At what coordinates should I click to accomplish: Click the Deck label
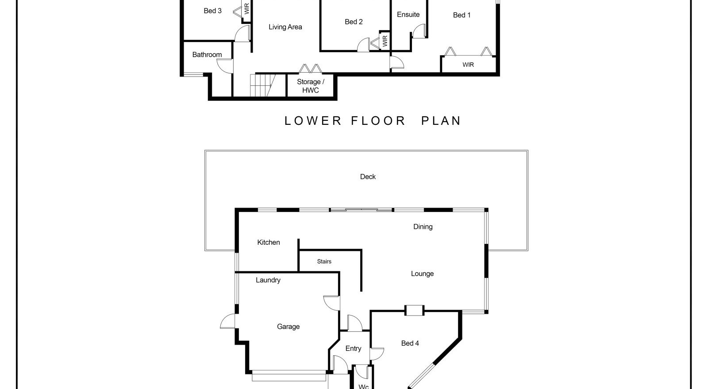pyautogui.click(x=368, y=177)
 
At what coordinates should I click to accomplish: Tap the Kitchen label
pyautogui.click(x=268, y=243)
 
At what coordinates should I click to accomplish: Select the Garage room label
pyautogui.click(x=288, y=327)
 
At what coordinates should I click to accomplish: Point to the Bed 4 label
pyautogui.click(x=410, y=343)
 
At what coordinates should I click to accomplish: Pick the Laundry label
pyautogui.click(x=268, y=280)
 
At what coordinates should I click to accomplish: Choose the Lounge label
pyautogui.click(x=422, y=273)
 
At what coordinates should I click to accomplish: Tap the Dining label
pyautogui.click(x=423, y=227)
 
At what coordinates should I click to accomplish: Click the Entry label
pyautogui.click(x=353, y=349)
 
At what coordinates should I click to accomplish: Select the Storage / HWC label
pyautogui.click(x=310, y=86)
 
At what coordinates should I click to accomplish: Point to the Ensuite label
pyautogui.click(x=408, y=15)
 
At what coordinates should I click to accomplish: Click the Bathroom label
pyautogui.click(x=207, y=55)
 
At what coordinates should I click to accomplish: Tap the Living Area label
pyautogui.click(x=285, y=27)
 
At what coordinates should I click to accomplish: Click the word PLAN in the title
pyautogui.click(x=441, y=121)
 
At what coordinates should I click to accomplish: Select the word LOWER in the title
pyautogui.click(x=312, y=121)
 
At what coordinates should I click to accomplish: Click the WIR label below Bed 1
pyautogui.click(x=468, y=65)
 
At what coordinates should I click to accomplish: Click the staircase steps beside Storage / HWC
pyautogui.click(x=263, y=85)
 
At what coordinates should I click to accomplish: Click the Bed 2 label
pyautogui.click(x=354, y=22)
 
